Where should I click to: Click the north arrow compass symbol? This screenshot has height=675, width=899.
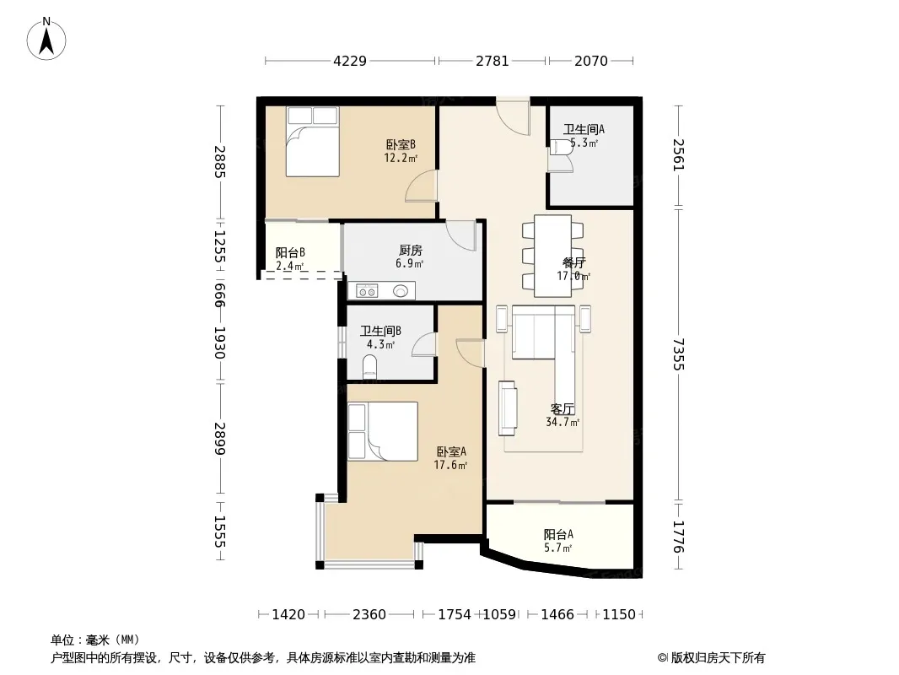pos(46,39)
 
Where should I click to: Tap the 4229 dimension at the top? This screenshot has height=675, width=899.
pos(350,61)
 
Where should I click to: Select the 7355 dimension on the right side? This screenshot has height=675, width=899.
pos(679,354)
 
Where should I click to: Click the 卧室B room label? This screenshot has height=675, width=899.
pos(401,144)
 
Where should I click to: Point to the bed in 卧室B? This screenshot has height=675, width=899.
pos(313,142)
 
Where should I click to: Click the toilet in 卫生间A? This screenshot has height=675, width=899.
pos(559,148)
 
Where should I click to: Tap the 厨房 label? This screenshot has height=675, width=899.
pos(411,251)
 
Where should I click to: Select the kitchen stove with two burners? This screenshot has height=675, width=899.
pos(367,291)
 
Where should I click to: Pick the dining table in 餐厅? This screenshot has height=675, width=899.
pos(552,256)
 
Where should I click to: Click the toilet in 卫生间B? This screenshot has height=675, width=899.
pos(370,366)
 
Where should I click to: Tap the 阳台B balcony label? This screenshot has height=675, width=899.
pos(290,252)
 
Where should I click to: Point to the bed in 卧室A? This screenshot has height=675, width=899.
pos(382,431)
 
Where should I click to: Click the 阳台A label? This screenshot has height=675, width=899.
pos(558,534)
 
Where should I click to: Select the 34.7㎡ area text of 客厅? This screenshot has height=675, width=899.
pos(563,423)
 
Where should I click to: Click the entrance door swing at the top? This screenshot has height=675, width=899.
pos(513,118)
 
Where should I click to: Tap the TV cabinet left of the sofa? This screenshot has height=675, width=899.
pos(508,408)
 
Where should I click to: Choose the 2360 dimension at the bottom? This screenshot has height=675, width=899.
pos(369,615)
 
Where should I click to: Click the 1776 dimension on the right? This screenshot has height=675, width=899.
pos(679,537)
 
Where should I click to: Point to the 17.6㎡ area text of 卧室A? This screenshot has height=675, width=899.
pos(450,465)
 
